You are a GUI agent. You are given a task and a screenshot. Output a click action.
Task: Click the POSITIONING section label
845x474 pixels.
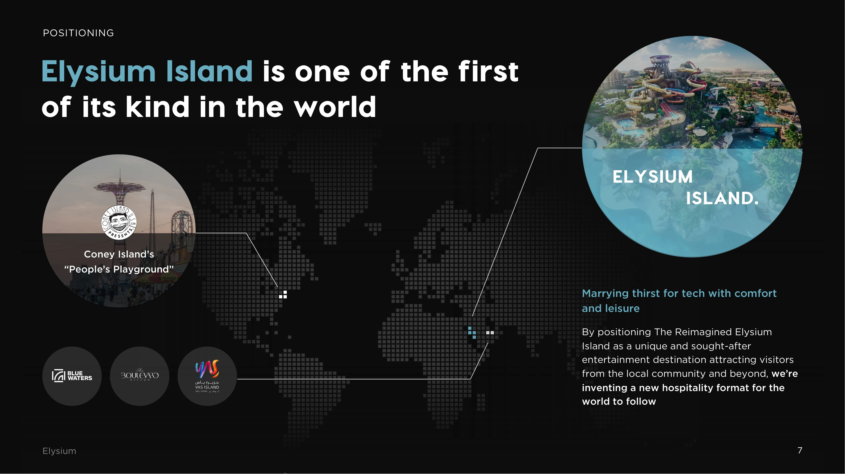click(x=78, y=33)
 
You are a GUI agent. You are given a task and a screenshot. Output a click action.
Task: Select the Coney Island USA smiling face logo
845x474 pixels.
click(x=119, y=223)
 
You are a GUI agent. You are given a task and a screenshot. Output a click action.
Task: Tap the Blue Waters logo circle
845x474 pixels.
click(x=72, y=376)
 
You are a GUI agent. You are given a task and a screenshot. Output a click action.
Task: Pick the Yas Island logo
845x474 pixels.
click(x=207, y=376)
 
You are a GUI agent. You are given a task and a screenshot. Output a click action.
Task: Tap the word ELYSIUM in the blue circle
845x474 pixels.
click(x=652, y=177)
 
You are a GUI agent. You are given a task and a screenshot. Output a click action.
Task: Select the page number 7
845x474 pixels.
click(x=800, y=450)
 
